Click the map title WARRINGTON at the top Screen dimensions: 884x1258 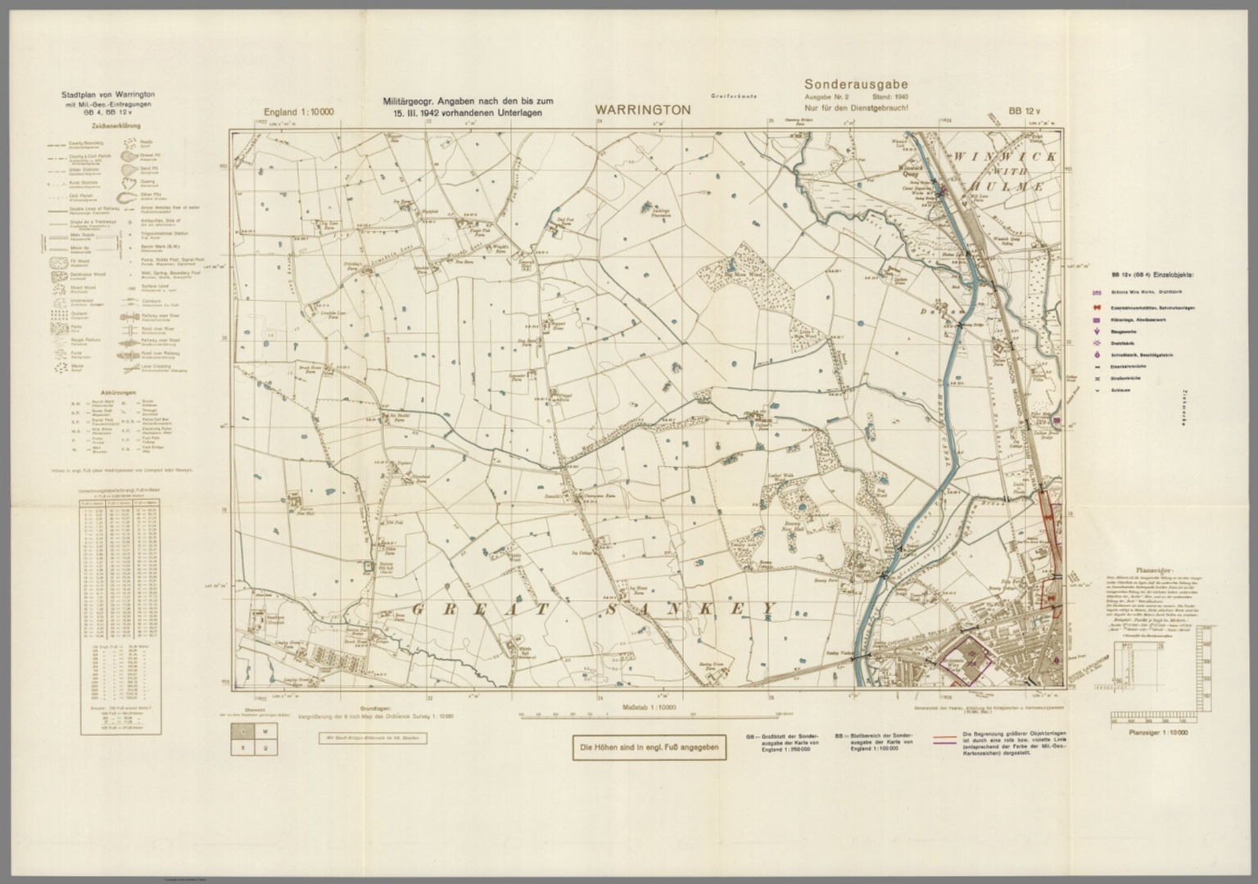pos(642,110)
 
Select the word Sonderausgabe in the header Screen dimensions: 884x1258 pos(856,84)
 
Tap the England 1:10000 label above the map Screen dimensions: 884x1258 pos(298,111)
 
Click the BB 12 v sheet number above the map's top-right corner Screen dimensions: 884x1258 pos(1024,111)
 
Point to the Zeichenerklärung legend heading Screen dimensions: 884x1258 pos(115,127)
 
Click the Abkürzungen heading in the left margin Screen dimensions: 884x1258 pos(115,392)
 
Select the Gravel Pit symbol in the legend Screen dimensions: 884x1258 pos(130,155)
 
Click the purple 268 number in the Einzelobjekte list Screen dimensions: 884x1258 pos(1096,292)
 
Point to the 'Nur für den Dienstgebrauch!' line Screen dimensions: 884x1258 pos(857,108)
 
